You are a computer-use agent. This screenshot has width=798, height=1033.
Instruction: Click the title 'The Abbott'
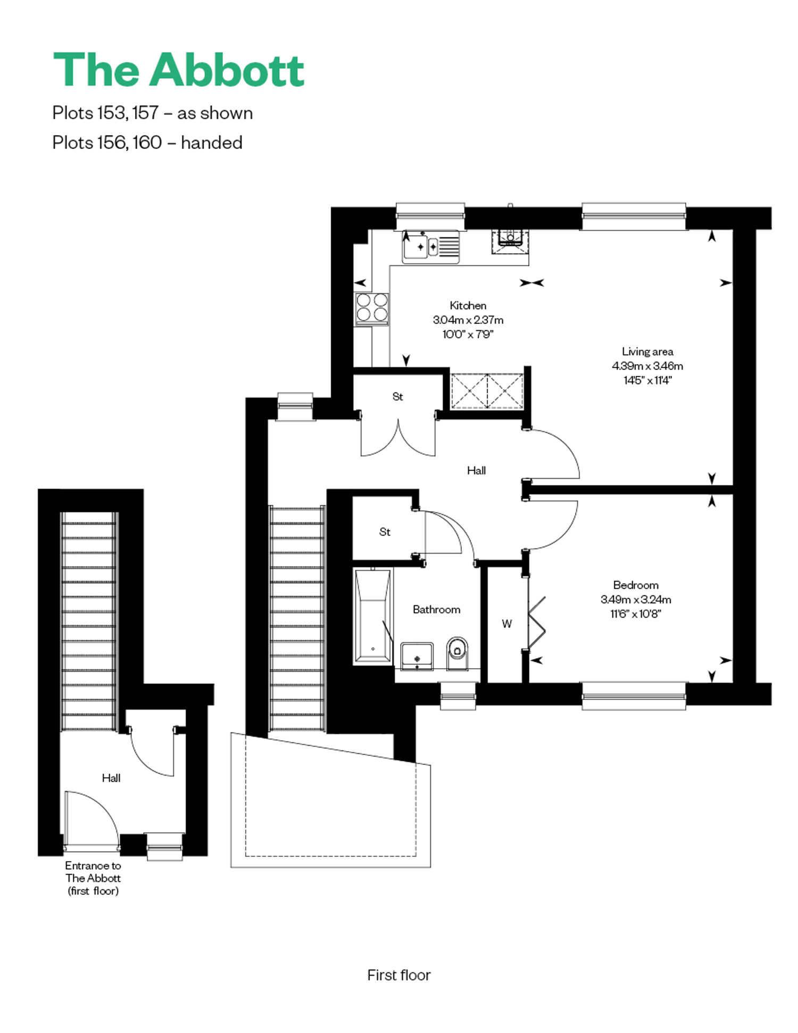coord(179,70)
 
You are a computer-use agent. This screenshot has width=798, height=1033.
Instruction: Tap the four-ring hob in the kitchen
coord(372,308)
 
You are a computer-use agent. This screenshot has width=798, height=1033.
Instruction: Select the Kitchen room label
coord(468,305)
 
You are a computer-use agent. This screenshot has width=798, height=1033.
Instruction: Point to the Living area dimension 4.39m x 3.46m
coord(647,366)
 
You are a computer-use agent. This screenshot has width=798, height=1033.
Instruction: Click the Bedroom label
coord(636,585)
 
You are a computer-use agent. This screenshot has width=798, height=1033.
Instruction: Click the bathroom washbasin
coord(417,655)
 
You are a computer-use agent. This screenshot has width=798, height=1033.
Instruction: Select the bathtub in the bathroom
coord(373,616)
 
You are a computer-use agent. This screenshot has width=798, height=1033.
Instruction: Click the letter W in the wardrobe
coord(507,624)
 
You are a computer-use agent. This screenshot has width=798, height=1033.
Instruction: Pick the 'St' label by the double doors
coord(398,396)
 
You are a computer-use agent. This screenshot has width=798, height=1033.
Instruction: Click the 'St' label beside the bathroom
coord(385,532)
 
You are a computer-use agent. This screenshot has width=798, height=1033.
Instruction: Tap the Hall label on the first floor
coord(477,470)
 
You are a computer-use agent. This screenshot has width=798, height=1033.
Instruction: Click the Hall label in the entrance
coord(111,778)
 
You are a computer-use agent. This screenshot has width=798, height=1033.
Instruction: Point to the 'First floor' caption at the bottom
coord(399,975)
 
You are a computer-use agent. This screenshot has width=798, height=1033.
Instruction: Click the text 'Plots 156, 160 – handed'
coord(147,143)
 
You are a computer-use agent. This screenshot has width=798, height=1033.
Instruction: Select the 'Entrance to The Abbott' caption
coord(93,878)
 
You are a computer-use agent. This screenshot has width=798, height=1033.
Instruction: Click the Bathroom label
coord(437,610)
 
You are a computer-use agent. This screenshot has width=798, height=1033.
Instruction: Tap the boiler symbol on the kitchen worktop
coord(510,241)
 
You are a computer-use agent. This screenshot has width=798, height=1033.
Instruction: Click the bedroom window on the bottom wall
coord(634,696)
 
